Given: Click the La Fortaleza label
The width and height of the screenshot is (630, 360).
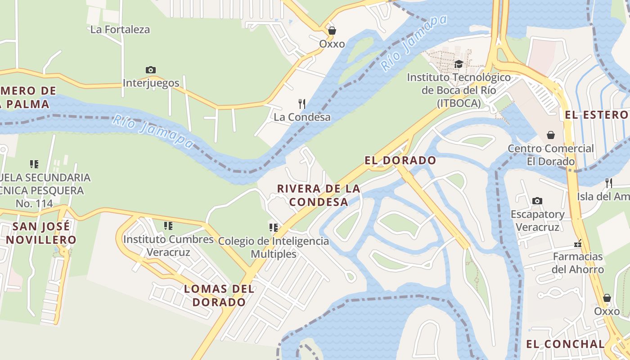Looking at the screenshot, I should [x=120, y=30].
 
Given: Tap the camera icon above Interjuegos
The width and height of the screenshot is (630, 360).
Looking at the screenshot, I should [x=151, y=70].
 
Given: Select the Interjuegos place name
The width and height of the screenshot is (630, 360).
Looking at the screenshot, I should [x=151, y=83].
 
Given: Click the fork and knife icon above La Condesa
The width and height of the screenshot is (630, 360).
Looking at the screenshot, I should [x=302, y=104].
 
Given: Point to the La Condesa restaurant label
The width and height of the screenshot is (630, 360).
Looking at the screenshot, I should [x=302, y=117].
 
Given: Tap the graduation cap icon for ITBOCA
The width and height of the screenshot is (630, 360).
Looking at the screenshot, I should [x=459, y=64].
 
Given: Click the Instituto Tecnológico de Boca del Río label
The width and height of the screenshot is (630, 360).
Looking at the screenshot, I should [x=459, y=90].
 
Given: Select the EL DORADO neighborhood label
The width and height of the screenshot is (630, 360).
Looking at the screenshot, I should [x=400, y=161].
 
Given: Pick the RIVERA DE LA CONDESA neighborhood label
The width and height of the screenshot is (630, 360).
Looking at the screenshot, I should [x=319, y=195].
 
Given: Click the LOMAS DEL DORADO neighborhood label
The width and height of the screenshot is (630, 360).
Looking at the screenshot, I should [x=219, y=295].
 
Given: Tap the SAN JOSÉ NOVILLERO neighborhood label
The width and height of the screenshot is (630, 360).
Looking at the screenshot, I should [x=41, y=233].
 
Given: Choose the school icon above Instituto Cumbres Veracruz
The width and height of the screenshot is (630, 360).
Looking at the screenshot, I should [x=168, y=225].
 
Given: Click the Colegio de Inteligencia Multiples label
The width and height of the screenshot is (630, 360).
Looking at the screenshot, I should [x=274, y=247].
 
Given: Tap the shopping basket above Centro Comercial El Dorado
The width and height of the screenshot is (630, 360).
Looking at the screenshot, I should [x=550, y=135].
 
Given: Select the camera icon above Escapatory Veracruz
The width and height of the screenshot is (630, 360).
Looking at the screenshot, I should [x=537, y=201].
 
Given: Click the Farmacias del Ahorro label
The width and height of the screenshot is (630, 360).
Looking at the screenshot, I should [x=578, y=263].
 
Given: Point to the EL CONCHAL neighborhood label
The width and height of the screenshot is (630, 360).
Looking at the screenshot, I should [x=566, y=344].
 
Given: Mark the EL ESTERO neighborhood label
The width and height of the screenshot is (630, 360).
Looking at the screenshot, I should [x=596, y=115].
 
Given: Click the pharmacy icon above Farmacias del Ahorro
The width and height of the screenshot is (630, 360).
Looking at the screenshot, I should [x=578, y=243].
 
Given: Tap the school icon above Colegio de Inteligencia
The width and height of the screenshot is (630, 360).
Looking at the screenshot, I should [x=273, y=228].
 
